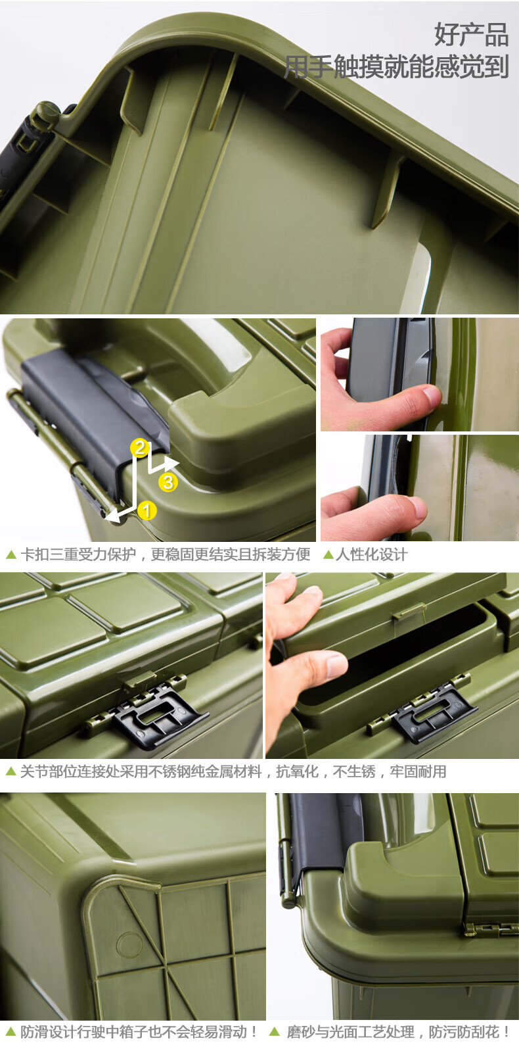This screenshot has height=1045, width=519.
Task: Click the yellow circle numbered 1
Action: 147,510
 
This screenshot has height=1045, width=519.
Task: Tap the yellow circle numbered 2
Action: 140,448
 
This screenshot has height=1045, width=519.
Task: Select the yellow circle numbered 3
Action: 168,482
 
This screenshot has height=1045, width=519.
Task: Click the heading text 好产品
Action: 471,34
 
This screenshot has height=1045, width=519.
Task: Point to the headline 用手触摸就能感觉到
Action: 396,66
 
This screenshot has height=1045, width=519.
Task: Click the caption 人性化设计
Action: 371,554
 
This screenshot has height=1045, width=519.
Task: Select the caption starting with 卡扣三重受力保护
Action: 166,554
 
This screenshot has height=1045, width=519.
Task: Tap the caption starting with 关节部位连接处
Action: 233,771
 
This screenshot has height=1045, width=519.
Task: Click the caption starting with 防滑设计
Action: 139,1031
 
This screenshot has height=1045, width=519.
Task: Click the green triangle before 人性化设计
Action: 328,554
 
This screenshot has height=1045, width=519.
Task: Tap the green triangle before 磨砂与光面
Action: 275,1031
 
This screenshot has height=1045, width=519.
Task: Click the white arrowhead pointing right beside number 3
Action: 171,463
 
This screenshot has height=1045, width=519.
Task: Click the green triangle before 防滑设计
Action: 11,1031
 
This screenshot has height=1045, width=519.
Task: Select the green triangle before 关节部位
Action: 11,771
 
